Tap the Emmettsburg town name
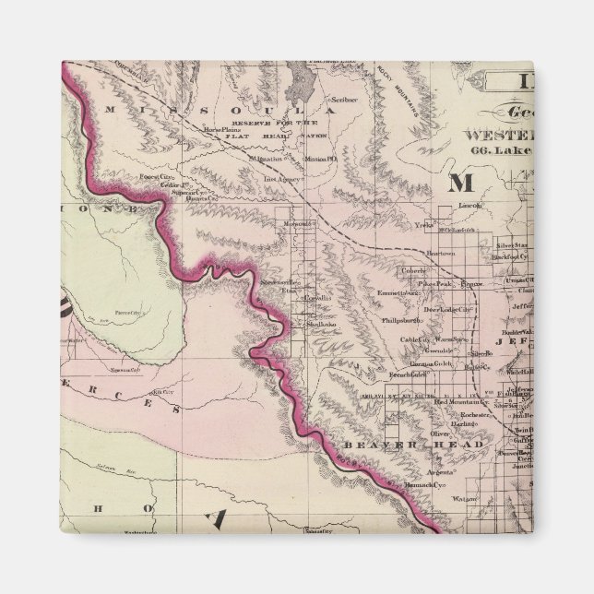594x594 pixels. point(398,293)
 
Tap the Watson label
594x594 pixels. point(463,499)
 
